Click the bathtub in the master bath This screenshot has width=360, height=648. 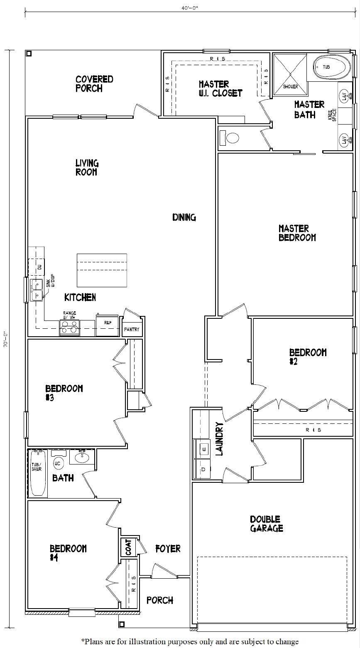tap(331, 66)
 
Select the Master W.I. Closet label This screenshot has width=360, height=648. tap(220, 88)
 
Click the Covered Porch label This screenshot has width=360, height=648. tap(94, 83)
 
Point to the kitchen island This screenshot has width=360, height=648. tap(102, 270)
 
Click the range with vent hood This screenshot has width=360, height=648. tap(69, 328)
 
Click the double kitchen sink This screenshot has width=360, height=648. tap(36, 290)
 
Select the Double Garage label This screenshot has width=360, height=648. tap(266, 523)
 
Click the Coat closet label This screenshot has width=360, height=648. tap(128, 548)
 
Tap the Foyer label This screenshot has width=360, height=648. tap(168, 548)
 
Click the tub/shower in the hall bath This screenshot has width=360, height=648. tap(37, 473)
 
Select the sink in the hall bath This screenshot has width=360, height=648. tap(81, 457)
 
